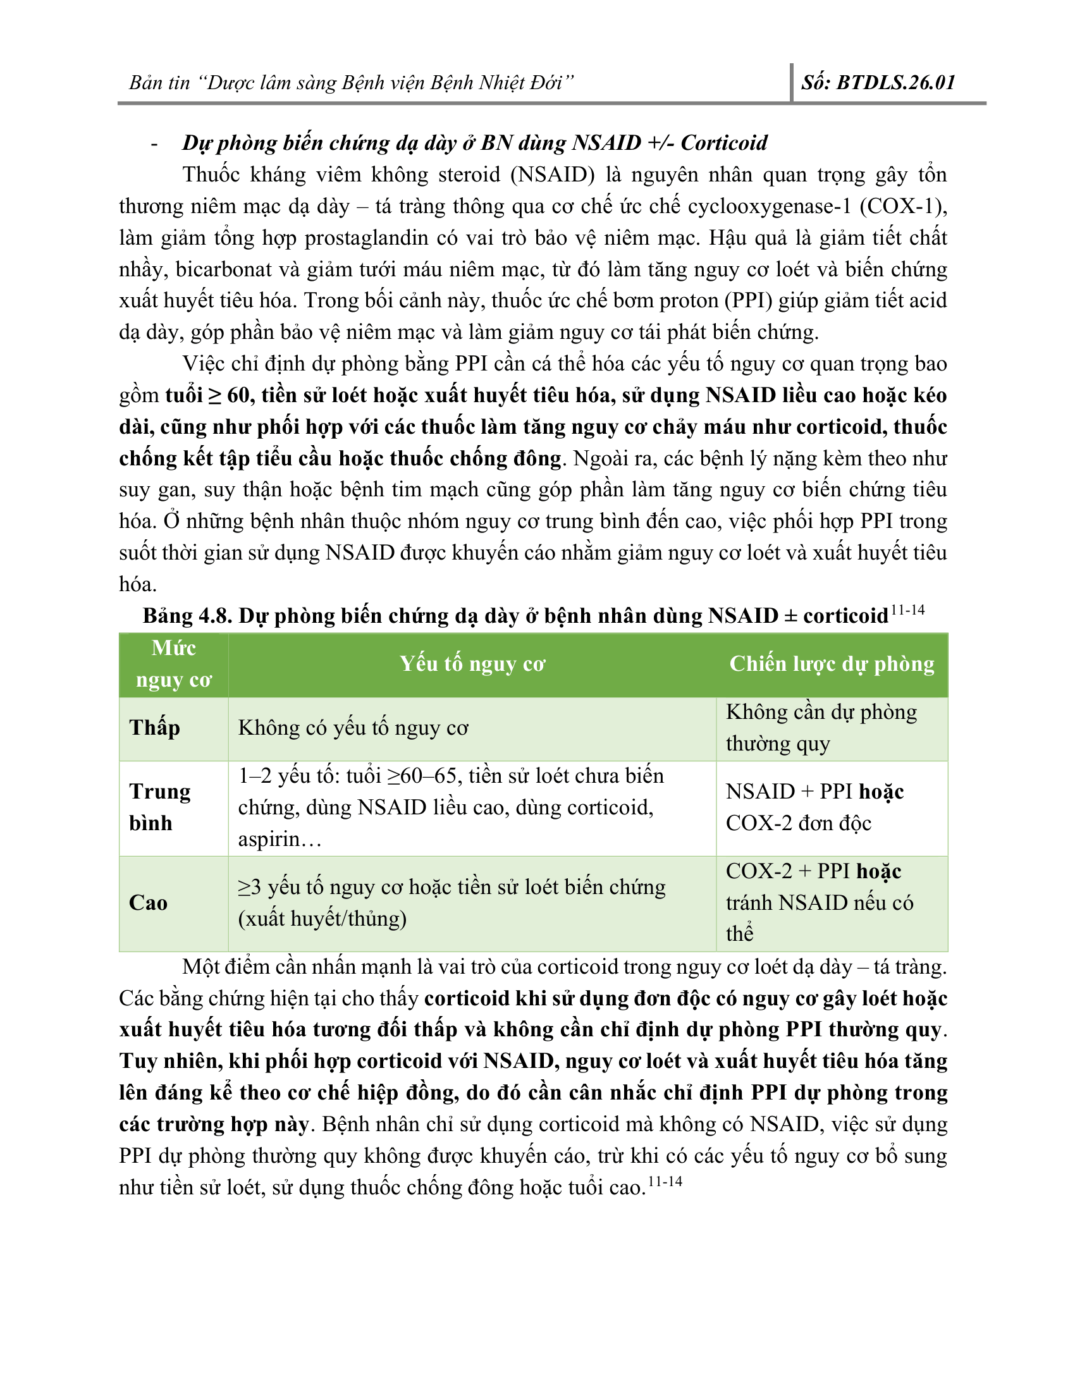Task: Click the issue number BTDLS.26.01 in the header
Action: [895, 83]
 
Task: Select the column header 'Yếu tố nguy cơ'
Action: [472, 665]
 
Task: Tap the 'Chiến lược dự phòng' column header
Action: [832, 665]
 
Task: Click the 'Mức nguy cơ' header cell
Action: [173, 665]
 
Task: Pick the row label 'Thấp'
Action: [155, 728]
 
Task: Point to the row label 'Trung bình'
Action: [159, 807]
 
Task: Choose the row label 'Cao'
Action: [148, 903]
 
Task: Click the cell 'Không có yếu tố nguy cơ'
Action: [353, 728]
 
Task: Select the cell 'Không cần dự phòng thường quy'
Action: [821, 728]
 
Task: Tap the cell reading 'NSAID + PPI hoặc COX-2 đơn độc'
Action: [814, 807]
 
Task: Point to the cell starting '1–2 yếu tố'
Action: [451, 807]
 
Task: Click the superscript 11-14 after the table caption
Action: [907, 611]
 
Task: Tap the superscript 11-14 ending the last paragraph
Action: [665, 1182]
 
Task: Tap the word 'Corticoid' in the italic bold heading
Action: [724, 143]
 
